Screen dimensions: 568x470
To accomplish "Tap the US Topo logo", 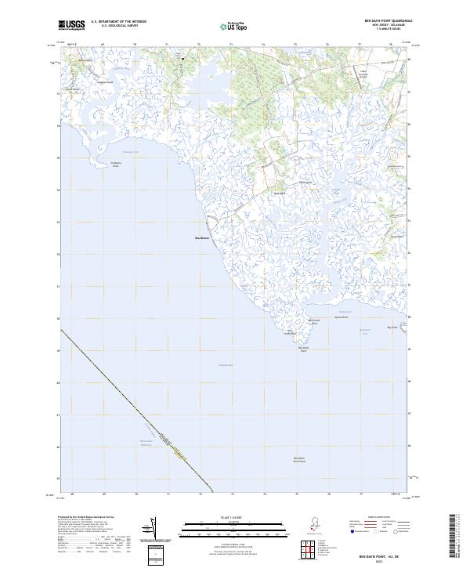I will pos(234,27).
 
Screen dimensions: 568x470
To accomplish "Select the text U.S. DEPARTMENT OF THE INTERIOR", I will pos(118,22).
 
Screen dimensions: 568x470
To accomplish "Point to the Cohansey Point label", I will pos(116,165).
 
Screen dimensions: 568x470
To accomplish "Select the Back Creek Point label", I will pos(313,321).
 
